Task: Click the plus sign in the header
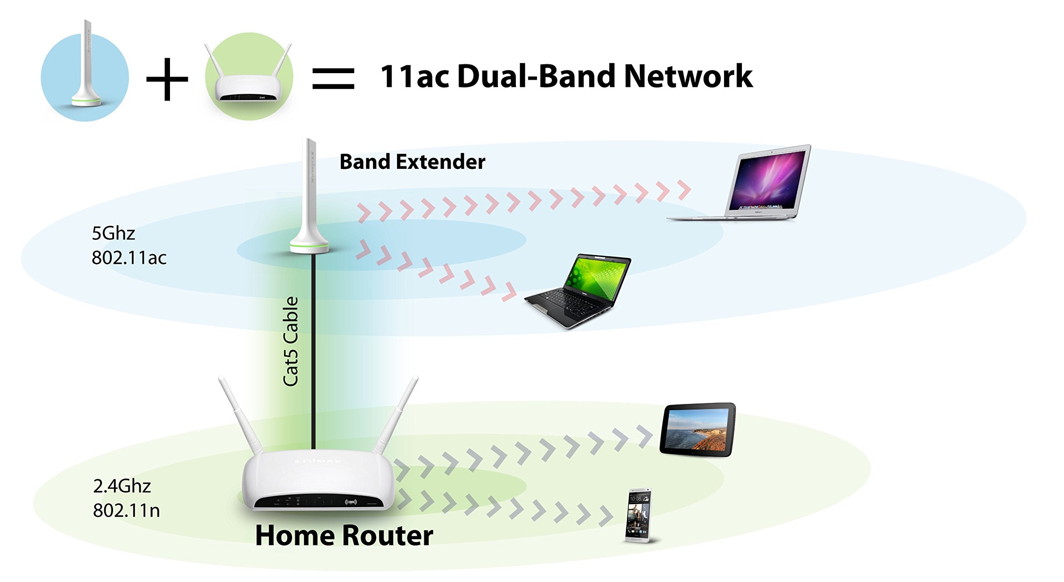tap(167, 79)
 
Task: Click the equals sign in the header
tap(333, 79)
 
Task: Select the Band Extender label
tap(412, 162)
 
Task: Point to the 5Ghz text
tap(113, 234)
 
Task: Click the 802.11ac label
tap(129, 258)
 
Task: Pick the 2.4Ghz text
tap(122, 486)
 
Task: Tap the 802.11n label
tap(126, 510)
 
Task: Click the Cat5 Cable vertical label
tap(291, 341)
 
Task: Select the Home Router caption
tap(344, 535)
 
